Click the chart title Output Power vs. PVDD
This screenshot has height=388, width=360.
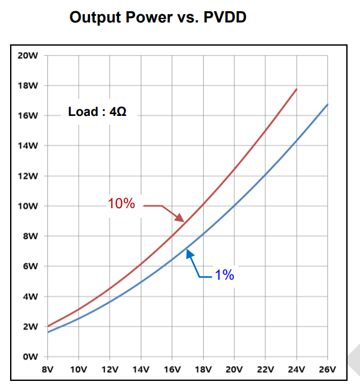(157, 17)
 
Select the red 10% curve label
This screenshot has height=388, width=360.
(121, 205)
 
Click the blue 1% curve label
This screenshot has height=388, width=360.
(224, 275)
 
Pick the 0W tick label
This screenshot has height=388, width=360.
(31, 357)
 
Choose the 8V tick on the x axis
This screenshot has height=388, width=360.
(48, 370)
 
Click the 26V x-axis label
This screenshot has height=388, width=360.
(327, 370)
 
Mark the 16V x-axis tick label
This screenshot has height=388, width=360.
(172, 370)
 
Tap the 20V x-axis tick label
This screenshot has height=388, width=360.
(234, 370)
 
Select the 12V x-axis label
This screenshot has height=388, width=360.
(110, 370)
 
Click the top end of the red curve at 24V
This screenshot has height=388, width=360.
(296, 89)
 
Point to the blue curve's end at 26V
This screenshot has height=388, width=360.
(327, 105)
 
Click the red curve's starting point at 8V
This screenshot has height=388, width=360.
(48, 326)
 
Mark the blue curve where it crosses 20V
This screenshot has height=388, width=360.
(234, 206)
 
